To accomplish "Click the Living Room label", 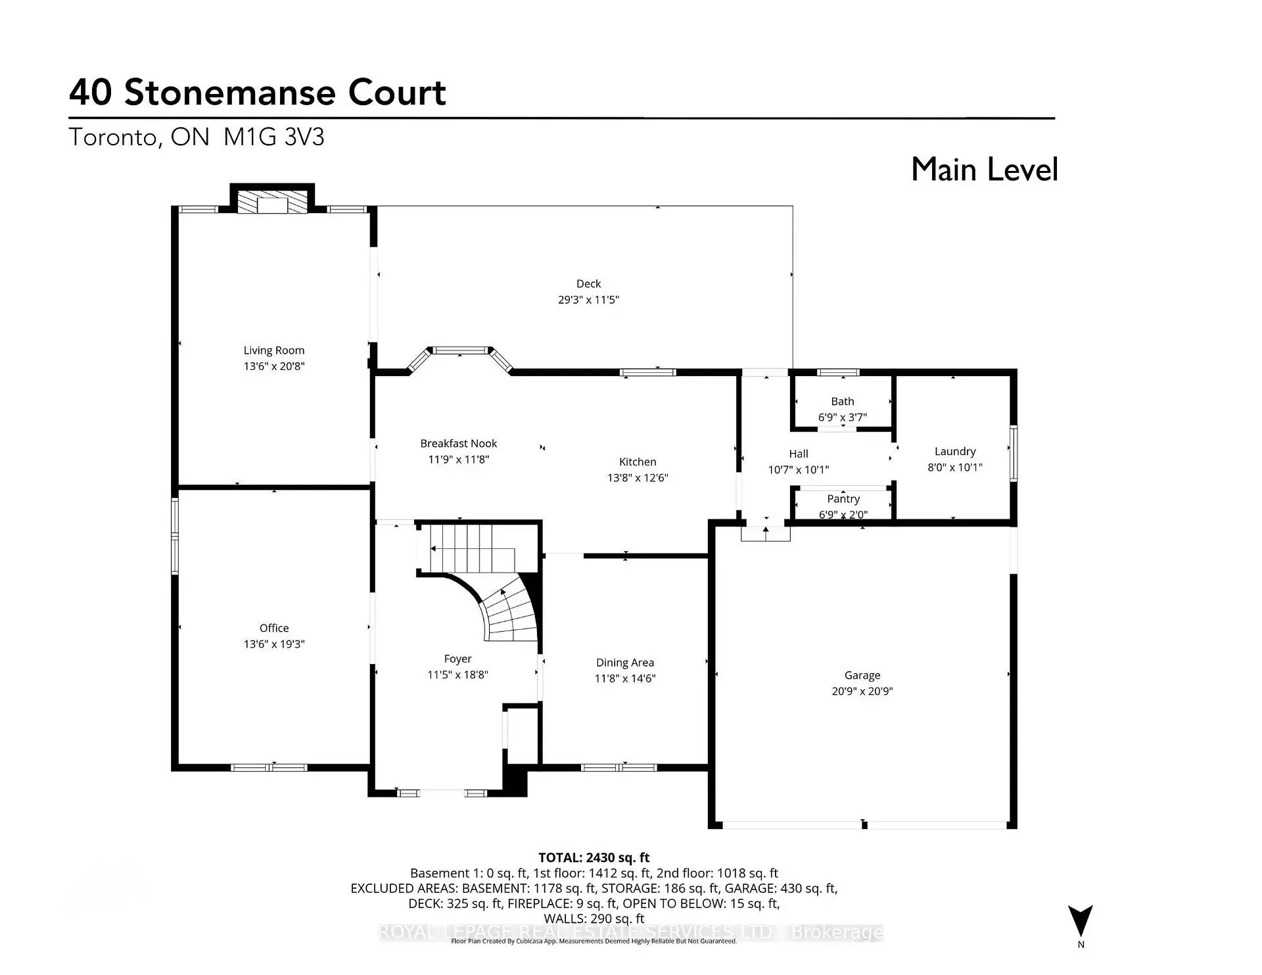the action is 274,350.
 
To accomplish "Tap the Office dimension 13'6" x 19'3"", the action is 274,644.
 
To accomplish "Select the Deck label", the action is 588,284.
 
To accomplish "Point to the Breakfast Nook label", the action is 459,444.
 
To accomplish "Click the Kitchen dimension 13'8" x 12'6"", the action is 638,478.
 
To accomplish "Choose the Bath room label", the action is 843,402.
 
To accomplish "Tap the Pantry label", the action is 843,499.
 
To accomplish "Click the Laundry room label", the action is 955,452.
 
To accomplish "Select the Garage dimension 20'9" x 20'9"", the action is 862,692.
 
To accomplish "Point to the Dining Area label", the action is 625,663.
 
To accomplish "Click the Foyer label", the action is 457,659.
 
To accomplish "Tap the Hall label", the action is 799,454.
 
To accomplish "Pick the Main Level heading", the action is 984,170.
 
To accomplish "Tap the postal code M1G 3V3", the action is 274,137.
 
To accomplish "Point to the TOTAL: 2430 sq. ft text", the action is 594,858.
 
